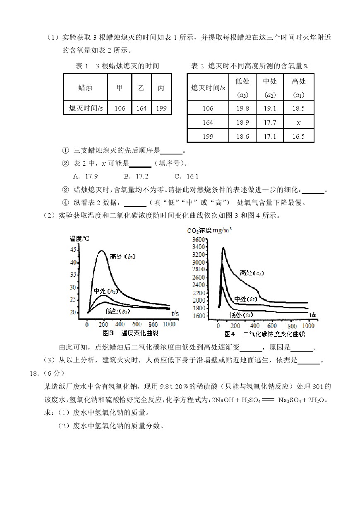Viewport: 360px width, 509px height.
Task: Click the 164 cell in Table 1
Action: (141, 108)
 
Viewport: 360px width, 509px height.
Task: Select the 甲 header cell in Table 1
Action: (120, 87)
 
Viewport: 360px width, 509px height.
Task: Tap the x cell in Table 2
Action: (298, 123)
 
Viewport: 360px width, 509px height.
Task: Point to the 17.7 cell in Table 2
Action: (270, 123)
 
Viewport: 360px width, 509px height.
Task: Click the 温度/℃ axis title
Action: (79, 238)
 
